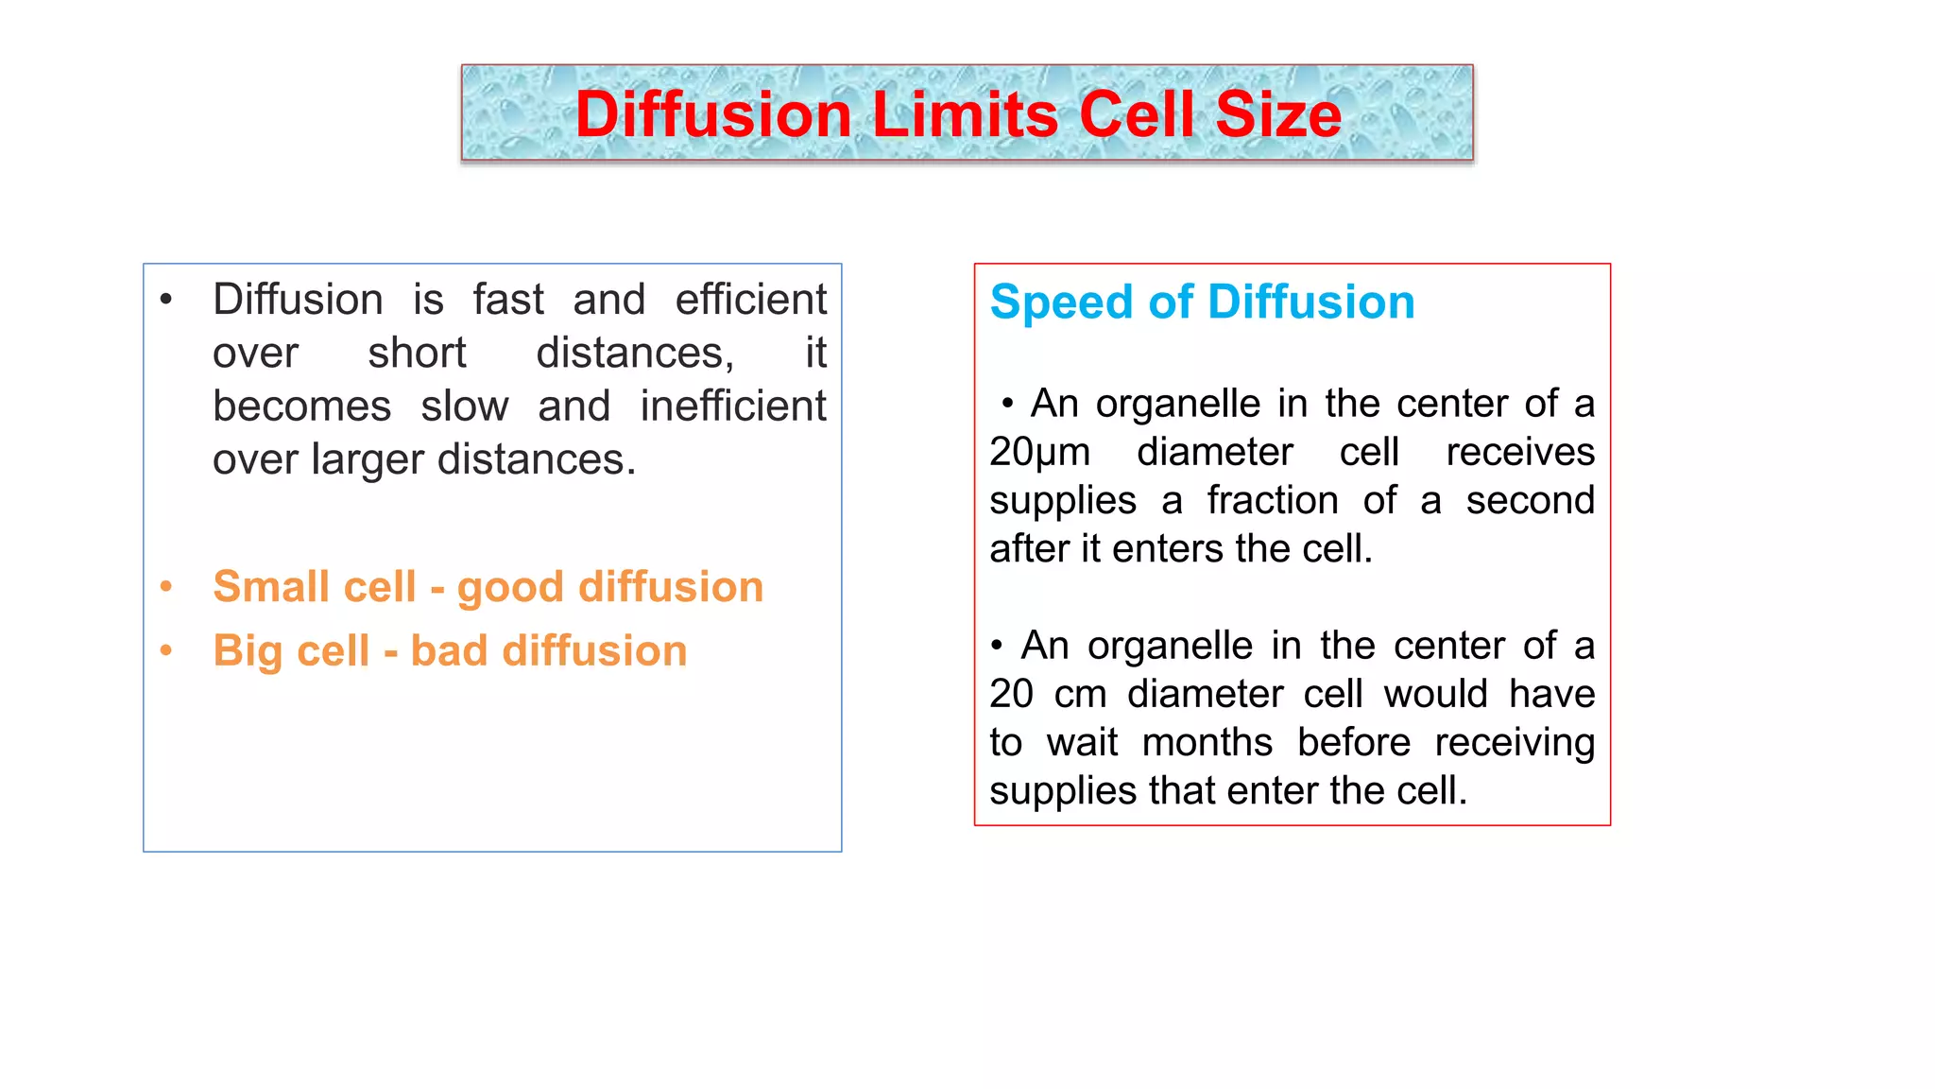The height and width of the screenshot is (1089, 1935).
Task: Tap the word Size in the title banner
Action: tap(1277, 114)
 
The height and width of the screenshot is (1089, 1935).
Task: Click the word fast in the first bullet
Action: tap(508, 300)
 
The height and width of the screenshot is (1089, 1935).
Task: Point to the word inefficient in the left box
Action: tap(733, 406)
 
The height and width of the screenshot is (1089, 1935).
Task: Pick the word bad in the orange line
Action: tap(449, 651)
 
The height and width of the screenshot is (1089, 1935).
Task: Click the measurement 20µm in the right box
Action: tap(1039, 453)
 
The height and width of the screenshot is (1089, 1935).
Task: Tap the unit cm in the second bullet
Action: tap(1080, 695)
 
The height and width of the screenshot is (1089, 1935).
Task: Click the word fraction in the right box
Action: tap(1272, 501)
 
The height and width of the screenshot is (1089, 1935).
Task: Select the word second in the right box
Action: tap(1530, 501)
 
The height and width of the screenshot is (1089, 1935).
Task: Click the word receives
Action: tap(1519, 453)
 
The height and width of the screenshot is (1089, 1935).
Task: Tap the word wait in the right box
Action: tap(1082, 743)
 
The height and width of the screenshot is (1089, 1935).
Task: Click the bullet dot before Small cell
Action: tap(166, 587)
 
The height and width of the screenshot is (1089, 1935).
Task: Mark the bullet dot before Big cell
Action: tap(166, 650)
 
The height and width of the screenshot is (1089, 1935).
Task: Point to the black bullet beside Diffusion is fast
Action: tap(166, 301)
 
